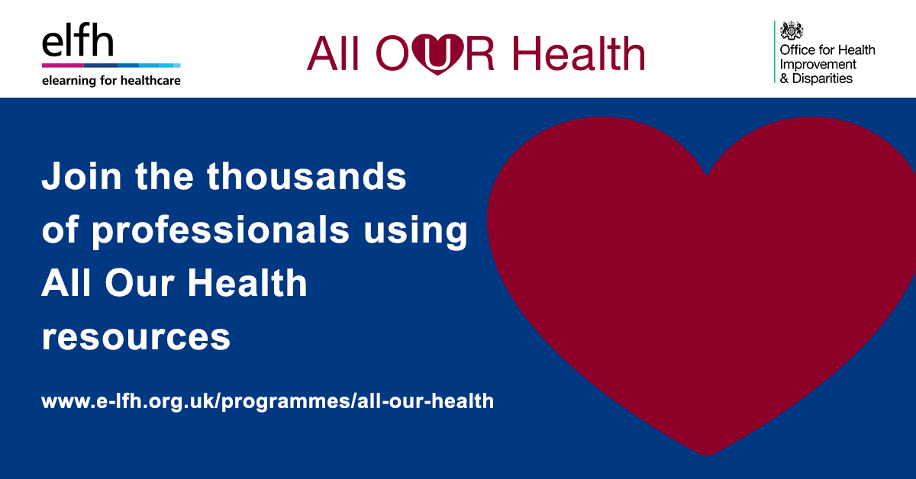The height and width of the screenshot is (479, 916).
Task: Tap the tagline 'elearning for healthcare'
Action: (x=111, y=81)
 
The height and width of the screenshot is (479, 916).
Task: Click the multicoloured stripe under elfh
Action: (x=111, y=66)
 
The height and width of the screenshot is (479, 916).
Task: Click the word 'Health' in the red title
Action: (x=579, y=53)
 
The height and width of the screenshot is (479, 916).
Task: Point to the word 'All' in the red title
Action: (x=333, y=53)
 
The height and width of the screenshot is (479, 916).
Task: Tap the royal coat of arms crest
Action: (x=792, y=31)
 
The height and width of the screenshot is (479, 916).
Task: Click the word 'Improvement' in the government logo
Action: (x=818, y=65)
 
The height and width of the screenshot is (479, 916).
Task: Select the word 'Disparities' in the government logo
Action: (x=822, y=79)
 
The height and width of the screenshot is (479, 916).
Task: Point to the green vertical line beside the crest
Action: (x=775, y=52)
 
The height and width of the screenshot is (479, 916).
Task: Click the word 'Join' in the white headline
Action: (x=82, y=176)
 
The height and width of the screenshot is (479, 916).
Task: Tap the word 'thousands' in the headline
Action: (x=307, y=175)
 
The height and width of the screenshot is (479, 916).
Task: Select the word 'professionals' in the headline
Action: (x=221, y=231)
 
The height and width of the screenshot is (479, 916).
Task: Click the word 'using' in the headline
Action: (x=415, y=232)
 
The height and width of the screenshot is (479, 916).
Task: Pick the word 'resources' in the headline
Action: (x=136, y=338)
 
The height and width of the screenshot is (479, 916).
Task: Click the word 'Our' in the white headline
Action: (x=140, y=283)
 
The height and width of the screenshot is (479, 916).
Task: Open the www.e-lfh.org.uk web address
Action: (x=267, y=401)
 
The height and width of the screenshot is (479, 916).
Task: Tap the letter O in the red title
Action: (x=392, y=53)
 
